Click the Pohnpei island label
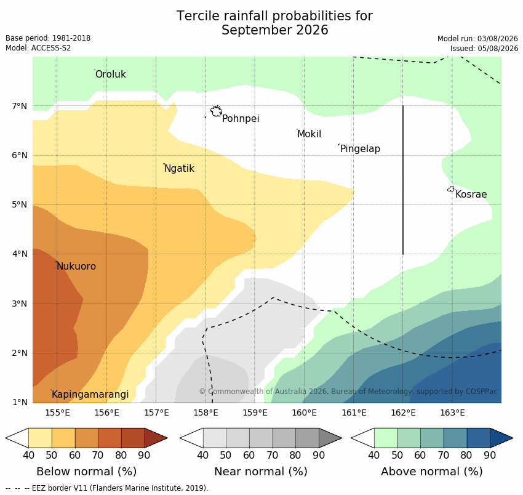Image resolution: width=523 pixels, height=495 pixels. pos(241,118)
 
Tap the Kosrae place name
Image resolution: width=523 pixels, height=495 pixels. pos(471,195)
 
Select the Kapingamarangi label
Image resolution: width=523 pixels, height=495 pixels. pos(90,395)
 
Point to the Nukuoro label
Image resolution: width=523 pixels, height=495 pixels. pos(76,267)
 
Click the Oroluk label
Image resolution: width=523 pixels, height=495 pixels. pos(111,74)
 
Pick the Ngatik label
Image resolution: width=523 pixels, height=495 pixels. pos(179,169)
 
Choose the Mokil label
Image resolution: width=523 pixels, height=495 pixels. pos(309,134)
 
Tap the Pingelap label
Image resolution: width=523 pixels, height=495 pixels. pos(360,148)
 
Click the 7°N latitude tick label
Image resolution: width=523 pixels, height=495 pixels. pos(19,106)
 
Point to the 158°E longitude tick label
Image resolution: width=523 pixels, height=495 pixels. pos(206,413)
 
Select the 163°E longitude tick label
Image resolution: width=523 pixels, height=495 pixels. pos(453,413)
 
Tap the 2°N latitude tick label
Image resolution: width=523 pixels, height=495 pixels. pos(19,353)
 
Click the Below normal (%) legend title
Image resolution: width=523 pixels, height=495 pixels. pos(87,472)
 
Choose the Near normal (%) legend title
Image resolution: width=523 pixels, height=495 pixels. pos(261,472)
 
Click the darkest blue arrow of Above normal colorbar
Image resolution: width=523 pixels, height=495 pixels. pos(501,438)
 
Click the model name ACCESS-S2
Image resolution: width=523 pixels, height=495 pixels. pos(51,48)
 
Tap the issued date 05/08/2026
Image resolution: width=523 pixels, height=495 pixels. pos(498,49)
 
